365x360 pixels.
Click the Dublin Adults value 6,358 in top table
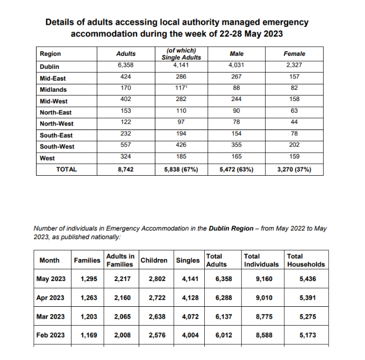125,65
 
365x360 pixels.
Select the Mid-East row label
53,78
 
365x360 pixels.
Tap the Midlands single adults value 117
181,89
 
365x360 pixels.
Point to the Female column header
294,54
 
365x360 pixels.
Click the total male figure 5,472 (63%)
237,169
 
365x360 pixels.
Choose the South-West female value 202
294,146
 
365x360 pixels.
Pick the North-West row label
56,124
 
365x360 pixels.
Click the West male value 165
237,157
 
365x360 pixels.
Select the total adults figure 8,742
125,169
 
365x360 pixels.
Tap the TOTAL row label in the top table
67,169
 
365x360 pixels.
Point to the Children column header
154,261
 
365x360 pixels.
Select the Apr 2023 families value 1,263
89,298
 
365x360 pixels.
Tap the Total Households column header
306,261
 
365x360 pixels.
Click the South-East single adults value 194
181,135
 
